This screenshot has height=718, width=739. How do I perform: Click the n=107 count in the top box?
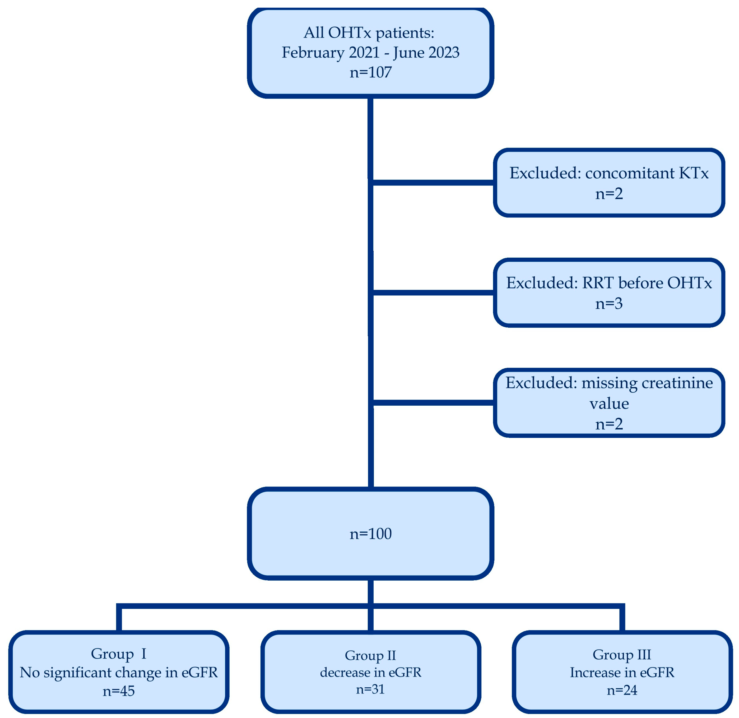(x=371, y=72)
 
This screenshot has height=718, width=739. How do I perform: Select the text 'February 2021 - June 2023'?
(x=371, y=52)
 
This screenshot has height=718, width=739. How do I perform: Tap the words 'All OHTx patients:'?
(x=369, y=33)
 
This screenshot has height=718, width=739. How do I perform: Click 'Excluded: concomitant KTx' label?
(x=609, y=173)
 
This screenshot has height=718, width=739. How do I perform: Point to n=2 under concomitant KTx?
(x=609, y=193)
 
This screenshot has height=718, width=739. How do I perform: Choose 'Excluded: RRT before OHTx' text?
(x=609, y=283)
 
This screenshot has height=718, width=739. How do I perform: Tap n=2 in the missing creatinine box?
(x=609, y=424)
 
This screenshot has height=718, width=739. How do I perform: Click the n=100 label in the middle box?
(x=371, y=534)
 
